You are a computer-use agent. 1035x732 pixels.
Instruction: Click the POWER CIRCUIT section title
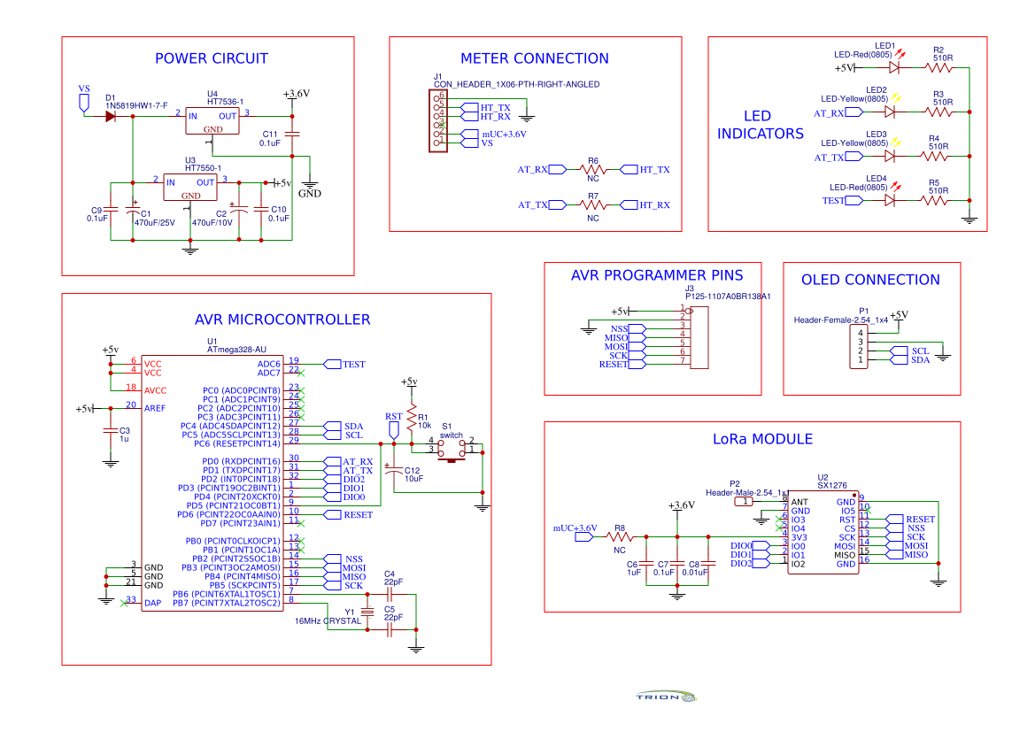click(211, 59)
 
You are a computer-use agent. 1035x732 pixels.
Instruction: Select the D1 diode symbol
click(110, 115)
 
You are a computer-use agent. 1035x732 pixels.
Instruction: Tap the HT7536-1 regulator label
click(225, 102)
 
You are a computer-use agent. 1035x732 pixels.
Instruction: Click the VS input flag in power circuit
click(84, 100)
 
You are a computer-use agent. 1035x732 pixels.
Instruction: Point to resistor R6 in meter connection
click(592, 169)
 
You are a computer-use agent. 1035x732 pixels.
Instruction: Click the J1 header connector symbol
click(437, 122)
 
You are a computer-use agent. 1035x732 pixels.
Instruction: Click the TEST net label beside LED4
click(833, 201)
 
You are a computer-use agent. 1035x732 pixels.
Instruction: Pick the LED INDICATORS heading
click(760, 125)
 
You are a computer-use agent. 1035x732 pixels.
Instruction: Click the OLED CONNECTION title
click(870, 280)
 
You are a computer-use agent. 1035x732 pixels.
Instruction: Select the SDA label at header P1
click(920, 359)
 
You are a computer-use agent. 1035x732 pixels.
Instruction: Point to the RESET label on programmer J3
click(613, 365)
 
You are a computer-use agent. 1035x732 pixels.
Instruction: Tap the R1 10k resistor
click(411, 417)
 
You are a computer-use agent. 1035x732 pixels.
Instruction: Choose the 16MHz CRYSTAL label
click(328, 621)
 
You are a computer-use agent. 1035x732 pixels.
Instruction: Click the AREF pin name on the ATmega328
click(154, 408)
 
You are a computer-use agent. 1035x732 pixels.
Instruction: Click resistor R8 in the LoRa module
click(620, 536)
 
